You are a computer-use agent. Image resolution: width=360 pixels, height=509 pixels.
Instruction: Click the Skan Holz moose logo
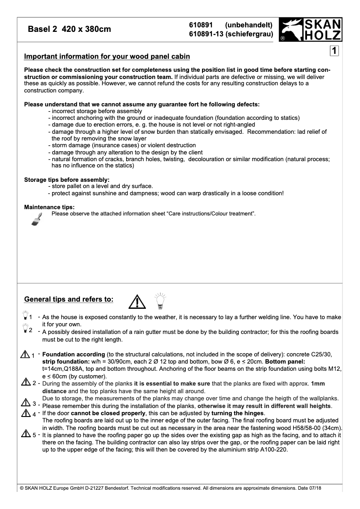pyautogui.click(x=291, y=31)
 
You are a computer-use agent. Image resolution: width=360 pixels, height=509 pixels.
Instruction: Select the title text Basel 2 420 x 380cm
pyautogui.click(x=70, y=30)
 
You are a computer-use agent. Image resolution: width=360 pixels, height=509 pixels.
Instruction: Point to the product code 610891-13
pyautogui.click(x=206, y=34)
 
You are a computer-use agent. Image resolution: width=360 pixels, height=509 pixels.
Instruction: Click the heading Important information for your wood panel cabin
pyautogui.click(x=107, y=57)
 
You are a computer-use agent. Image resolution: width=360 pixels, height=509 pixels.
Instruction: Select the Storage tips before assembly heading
pyautogui.click(x=67, y=180)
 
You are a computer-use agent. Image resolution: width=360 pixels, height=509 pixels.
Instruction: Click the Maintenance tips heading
pyautogui.click(x=49, y=207)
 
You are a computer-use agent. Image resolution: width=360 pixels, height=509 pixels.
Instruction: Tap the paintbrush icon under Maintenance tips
pyautogui.click(x=37, y=218)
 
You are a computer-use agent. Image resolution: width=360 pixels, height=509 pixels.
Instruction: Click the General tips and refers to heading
pyautogui.click(x=69, y=299)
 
